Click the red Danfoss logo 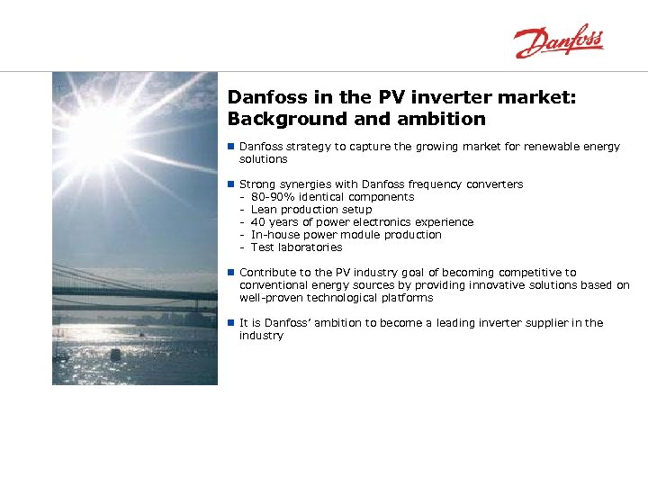pyautogui.click(x=558, y=41)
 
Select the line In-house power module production pyautogui.click(x=346, y=235)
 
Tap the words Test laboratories pyautogui.click(x=296, y=247)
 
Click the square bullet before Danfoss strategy pyautogui.click(x=231, y=147)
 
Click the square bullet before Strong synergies pyautogui.click(x=231, y=184)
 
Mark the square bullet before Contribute pyautogui.click(x=231, y=273)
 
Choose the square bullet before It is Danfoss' pyautogui.click(x=231, y=323)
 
